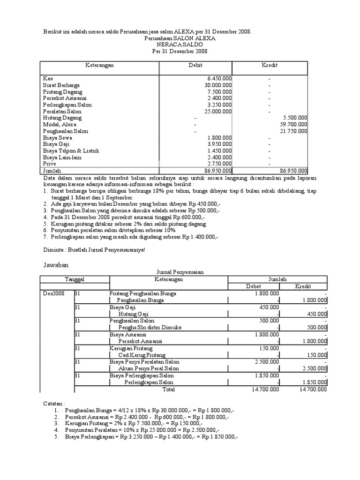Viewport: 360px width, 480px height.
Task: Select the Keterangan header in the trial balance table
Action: click(x=99, y=65)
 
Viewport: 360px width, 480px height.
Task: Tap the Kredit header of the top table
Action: click(x=269, y=65)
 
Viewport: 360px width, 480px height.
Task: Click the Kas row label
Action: click(x=47, y=79)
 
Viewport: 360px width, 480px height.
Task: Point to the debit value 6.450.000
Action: click(x=219, y=79)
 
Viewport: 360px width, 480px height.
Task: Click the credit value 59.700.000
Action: click(x=293, y=125)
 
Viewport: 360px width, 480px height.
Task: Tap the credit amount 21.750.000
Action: click(x=293, y=131)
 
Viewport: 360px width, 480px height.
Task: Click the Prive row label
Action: click(x=49, y=164)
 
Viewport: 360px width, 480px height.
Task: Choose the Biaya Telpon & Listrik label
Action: click(x=71, y=151)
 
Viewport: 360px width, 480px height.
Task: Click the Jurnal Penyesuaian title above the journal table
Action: click(x=180, y=272)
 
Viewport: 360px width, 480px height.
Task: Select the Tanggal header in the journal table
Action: click(x=74, y=279)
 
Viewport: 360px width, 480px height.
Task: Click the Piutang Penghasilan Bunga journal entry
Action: click(x=140, y=293)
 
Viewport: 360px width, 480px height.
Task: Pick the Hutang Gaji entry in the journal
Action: click(x=133, y=314)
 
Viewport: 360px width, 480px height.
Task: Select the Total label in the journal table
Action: click(x=168, y=389)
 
